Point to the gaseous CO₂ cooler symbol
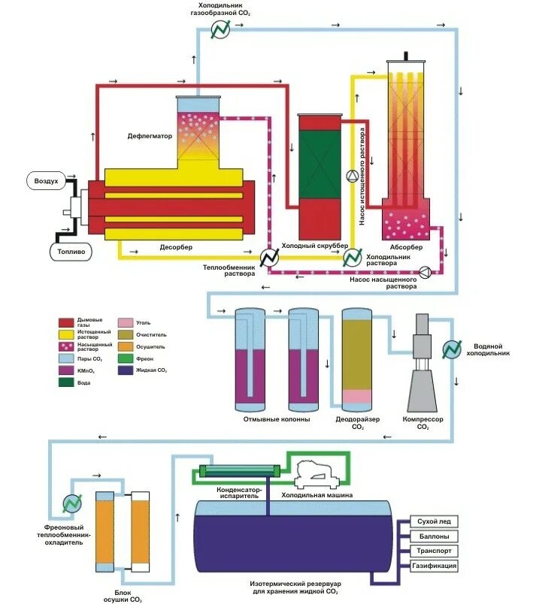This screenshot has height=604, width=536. [x=220, y=29]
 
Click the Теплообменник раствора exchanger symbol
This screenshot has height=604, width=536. [x=268, y=257]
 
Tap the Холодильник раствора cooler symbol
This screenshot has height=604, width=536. [x=351, y=257]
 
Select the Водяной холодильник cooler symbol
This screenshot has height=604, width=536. [x=452, y=349]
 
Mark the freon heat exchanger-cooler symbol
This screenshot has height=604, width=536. [x=72, y=504]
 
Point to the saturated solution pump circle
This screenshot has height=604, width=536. [x=425, y=271]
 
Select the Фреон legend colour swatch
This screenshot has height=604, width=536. [x=125, y=358]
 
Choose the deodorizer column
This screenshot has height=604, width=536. [x=358, y=357]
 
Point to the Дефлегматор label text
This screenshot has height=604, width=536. [x=150, y=137]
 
